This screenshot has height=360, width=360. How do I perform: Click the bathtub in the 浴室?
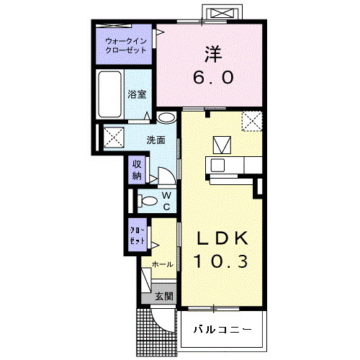pos(110,94)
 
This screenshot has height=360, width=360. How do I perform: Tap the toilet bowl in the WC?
pos(147,201)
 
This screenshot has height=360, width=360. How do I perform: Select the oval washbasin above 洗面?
pos(167,117)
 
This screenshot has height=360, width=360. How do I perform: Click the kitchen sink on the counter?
pos(217,165)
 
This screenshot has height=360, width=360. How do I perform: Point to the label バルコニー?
pos(223,329)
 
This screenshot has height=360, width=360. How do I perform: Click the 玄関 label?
pos(164,297)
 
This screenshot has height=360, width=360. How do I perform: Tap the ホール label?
pos(163,264)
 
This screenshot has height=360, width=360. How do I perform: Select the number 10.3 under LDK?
pos(220,261)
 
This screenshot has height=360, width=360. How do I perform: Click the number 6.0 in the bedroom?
pos(213,77)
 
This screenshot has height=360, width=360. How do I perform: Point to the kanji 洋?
pos(213,54)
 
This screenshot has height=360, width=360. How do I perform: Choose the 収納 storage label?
pos(137,170)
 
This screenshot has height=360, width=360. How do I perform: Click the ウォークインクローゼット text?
pos(126,45)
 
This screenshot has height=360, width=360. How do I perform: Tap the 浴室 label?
pos(137,94)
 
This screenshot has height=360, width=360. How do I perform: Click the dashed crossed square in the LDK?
pos(252,121)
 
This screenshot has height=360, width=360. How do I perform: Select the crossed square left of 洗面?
pos(114,137)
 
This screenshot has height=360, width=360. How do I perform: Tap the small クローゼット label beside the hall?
pos(138,235)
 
